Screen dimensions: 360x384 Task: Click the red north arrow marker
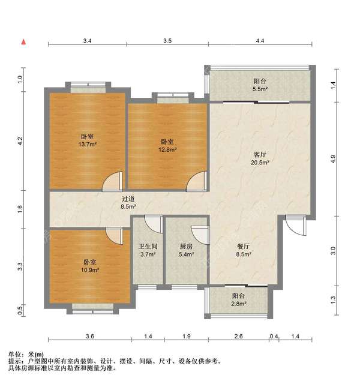(x=23, y=42)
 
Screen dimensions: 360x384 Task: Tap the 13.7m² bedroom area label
(x=88, y=140)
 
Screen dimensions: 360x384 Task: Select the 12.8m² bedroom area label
(x=167, y=145)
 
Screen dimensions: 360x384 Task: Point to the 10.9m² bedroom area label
(x=89, y=266)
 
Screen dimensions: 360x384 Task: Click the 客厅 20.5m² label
(x=260, y=158)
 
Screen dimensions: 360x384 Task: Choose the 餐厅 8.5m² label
(x=244, y=250)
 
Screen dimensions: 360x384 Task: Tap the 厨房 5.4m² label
(x=186, y=250)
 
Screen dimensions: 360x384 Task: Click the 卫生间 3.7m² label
(x=148, y=250)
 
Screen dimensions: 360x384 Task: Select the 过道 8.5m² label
(x=128, y=203)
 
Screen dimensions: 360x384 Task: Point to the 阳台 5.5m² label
(x=260, y=85)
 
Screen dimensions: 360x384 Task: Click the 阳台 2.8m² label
(x=239, y=300)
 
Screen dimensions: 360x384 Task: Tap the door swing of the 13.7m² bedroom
(x=112, y=181)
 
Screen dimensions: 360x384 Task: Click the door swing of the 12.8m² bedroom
(x=196, y=181)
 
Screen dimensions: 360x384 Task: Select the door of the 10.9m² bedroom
(x=114, y=236)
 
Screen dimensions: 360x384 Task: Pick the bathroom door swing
(x=154, y=224)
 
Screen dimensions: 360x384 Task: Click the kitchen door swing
(x=200, y=235)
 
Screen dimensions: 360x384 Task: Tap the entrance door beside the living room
(x=296, y=226)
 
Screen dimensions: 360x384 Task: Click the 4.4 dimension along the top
(x=260, y=41)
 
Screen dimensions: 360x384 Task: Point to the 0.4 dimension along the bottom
(x=274, y=337)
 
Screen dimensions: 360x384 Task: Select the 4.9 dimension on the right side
(x=333, y=159)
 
